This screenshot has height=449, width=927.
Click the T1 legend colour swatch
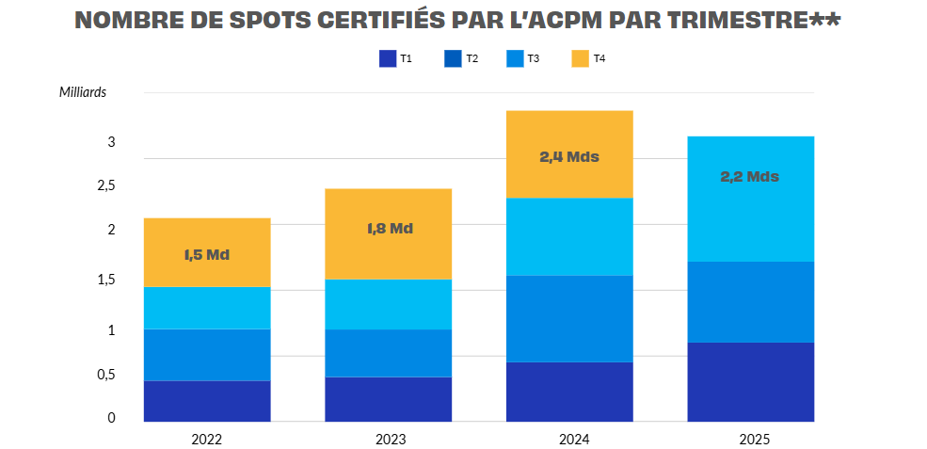click(x=388, y=59)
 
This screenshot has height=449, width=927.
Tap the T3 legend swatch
click(x=515, y=59)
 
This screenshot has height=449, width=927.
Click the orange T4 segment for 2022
click(x=207, y=235)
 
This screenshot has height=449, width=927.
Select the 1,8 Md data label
click(x=390, y=229)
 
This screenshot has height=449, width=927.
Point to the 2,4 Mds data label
click(x=569, y=157)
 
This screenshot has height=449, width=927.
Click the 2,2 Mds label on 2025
click(x=750, y=176)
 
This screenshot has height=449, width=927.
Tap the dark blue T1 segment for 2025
click(x=750, y=381)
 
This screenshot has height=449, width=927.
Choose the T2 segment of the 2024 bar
click(x=569, y=318)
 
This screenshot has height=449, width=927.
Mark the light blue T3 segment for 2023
click(x=388, y=304)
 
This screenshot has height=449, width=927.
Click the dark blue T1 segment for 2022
click(x=207, y=400)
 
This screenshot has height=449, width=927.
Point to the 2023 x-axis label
click(x=390, y=439)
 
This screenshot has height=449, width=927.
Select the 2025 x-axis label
click(x=754, y=439)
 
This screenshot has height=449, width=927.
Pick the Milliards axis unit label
click(x=83, y=92)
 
